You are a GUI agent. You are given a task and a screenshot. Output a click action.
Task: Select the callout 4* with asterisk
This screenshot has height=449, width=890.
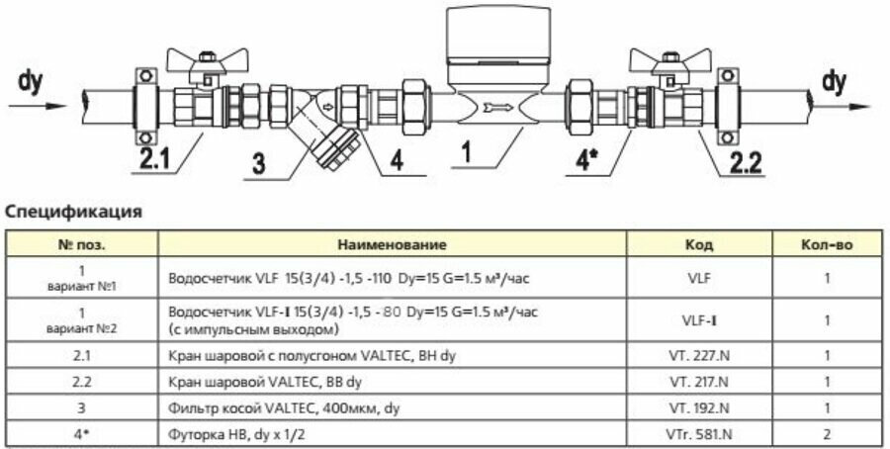[x=585, y=158]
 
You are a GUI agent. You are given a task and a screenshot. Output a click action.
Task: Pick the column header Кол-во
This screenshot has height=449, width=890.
[x=827, y=242]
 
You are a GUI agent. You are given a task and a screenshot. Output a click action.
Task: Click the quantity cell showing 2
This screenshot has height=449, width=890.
[x=827, y=432]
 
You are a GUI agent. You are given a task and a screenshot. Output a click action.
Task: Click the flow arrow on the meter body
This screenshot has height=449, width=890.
[x=493, y=108]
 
